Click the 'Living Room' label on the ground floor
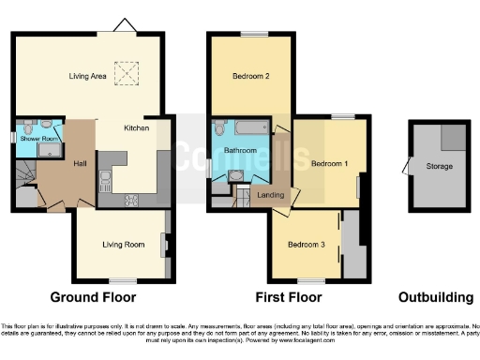pyautogui.click(x=123, y=245)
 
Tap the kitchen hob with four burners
pyautogui.click(x=129, y=199)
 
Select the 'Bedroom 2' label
pyautogui.click(x=249, y=77)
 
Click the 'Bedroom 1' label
pyautogui.click(x=329, y=163)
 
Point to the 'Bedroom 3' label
pyautogui.click(x=306, y=245)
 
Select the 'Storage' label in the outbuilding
pyautogui.click(x=439, y=166)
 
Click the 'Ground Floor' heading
pyautogui.click(x=92, y=297)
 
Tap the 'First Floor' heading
pyautogui.click(x=290, y=297)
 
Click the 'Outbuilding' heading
pyautogui.click(x=436, y=297)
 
